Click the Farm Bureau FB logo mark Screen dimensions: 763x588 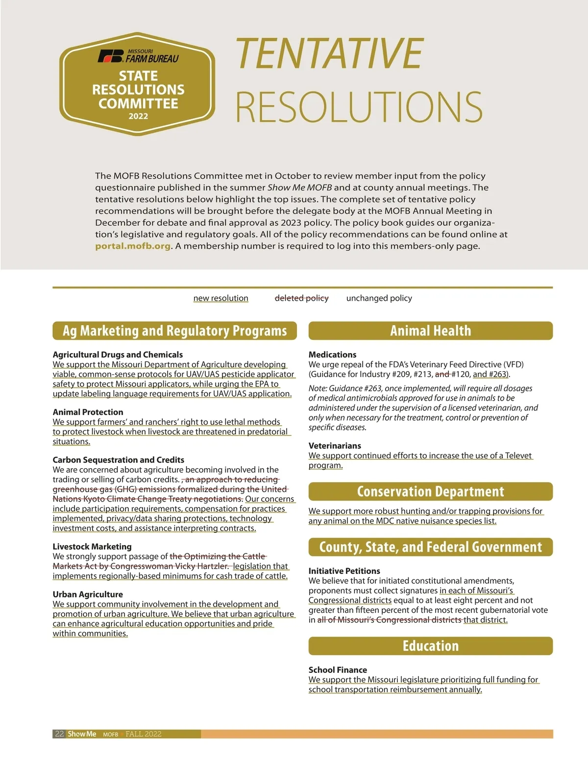tap(110, 56)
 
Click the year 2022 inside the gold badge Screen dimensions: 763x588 tap(138, 116)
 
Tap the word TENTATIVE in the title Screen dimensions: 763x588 tap(329, 53)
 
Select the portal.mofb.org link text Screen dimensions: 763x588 tap(133, 246)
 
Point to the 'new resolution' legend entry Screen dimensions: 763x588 tap(220, 298)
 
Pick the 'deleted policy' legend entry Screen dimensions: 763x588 tap(301, 298)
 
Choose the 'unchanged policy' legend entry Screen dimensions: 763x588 tap(379, 298)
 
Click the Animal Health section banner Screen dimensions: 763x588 tap(430, 331)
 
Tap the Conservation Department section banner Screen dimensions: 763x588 tap(430, 492)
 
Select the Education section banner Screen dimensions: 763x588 tap(430, 646)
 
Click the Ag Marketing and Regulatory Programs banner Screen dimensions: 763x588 tap(174, 331)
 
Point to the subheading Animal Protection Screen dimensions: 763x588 tap(88, 412)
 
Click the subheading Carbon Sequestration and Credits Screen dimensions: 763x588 tap(118, 460)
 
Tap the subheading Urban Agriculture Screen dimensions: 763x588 tap(87, 594)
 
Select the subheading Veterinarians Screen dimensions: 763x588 tap(335, 446)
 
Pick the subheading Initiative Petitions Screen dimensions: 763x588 tap(344, 571)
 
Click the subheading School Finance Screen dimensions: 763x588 tap(338, 670)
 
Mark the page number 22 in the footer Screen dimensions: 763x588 tap(59, 734)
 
